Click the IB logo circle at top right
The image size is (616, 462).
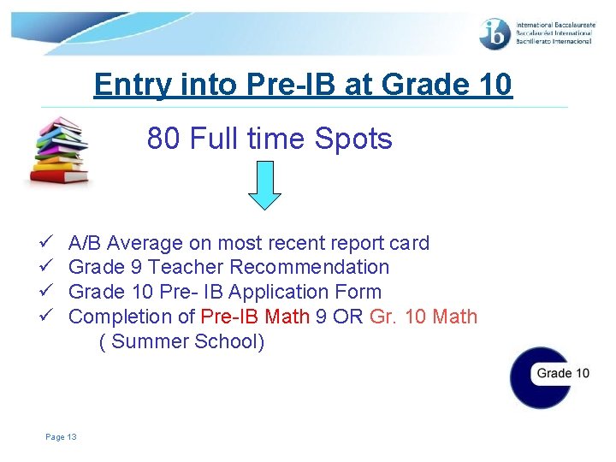tap(495, 34)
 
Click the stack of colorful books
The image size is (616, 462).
tap(57, 151)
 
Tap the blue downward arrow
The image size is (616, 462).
tap(265, 187)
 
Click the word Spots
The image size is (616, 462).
tap(354, 139)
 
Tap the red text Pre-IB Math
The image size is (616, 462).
tap(255, 317)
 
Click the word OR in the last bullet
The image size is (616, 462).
tap(348, 317)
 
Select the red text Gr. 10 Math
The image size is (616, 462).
tap(423, 317)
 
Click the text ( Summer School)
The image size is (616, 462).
tap(182, 341)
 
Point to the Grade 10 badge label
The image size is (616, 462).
tap(563, 373)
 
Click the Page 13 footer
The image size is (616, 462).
tap(62, 437)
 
